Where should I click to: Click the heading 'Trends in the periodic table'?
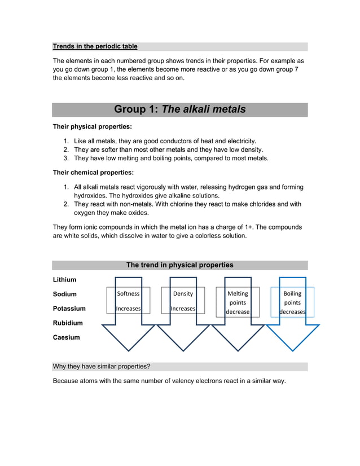pyautogui.click(x=95, y=46)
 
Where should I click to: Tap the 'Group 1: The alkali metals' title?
pyautogui.click(x=179, y=109)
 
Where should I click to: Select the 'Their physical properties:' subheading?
pyautogui.click(x=92, y=126)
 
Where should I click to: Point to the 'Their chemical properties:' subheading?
pyautogui.click(x=93, y=173)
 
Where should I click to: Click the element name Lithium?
pyautogui.click(x=64, y=280)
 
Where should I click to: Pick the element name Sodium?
pyautogui.click(x=64, y=294)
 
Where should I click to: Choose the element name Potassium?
pyautogui.click(x=69, y=309)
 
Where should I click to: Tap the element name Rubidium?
pyautogui.click(x=67, y=323)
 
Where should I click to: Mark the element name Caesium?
pyautogui.click(x=66, y=337)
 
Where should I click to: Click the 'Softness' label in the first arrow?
pyautogui.click(x=128, y=294)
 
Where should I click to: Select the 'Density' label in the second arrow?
pyautogui.click(x=183, y=294)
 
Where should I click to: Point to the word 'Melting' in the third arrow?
pyautogui.click(x=238, y=293)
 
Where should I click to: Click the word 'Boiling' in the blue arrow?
pyautogui.click(x=292, y=293)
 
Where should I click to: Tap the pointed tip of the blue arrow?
pyautogui.click(x=292, y=350)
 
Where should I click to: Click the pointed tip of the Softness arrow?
pyautogui.click(x=128, y=350)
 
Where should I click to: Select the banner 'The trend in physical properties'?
pyautogui.click(x=179, y=265)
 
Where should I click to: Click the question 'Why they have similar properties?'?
pyautogui.click(x=102, y=367)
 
